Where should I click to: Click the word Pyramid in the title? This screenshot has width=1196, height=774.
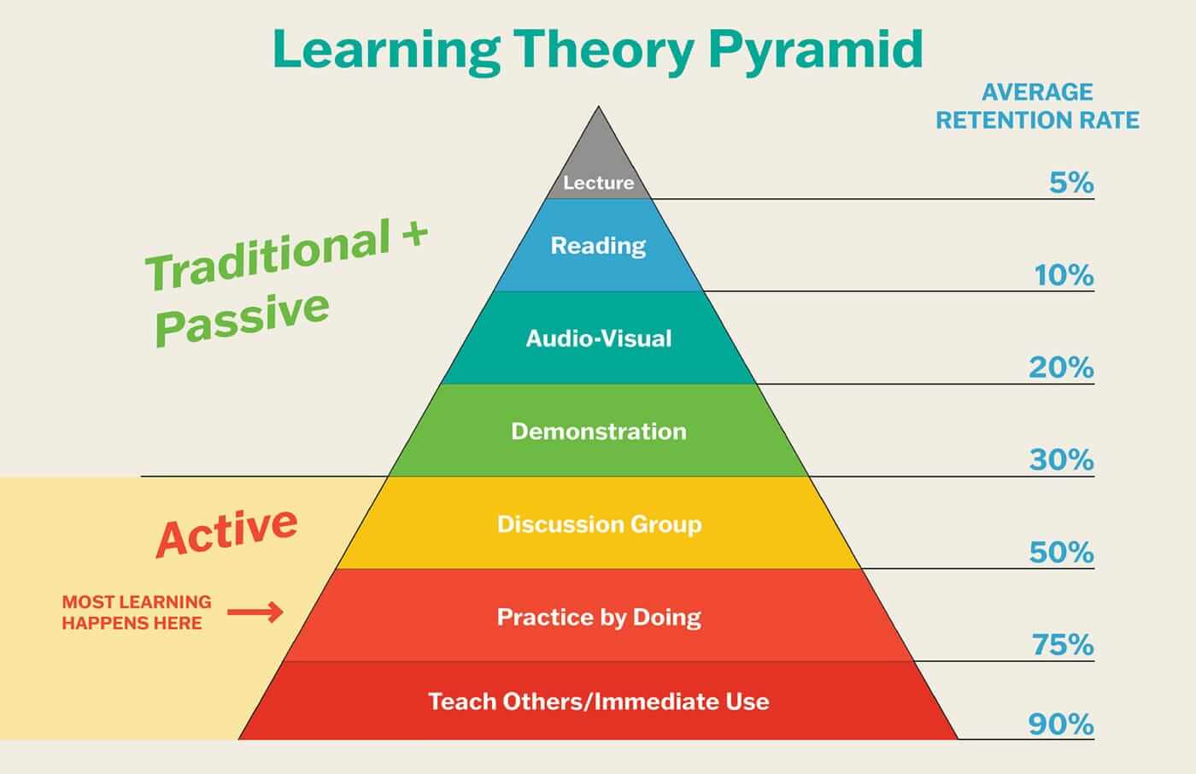[816, 50]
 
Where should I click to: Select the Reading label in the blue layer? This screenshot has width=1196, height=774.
[598, 246]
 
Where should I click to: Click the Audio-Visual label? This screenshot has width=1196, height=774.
[598, 338]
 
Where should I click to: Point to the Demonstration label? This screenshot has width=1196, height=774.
[598, 431]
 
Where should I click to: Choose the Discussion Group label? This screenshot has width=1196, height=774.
[599, 524]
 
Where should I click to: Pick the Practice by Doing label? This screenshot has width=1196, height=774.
[599, 617]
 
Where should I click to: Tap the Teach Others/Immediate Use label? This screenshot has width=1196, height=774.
[598, 701]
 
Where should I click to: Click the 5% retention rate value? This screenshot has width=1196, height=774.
[1071, 183]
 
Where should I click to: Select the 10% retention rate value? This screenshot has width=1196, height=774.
[1064, 275]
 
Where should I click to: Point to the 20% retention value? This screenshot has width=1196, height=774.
[1061, 367]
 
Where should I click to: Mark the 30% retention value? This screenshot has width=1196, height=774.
[1061, 460]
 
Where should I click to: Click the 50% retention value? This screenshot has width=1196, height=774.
[1061, 553]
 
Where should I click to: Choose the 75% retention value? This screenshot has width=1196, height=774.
[1063, 645]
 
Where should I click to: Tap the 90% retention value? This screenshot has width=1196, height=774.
[1061, 724]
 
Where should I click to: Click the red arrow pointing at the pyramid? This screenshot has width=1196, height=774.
[255, 612]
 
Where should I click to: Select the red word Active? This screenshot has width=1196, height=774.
[226, 531]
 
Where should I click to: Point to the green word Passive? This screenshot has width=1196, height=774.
[242, 318]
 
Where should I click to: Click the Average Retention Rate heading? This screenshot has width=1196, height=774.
[1037, 106]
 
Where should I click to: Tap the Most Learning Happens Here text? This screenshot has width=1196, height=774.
[136, 613]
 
